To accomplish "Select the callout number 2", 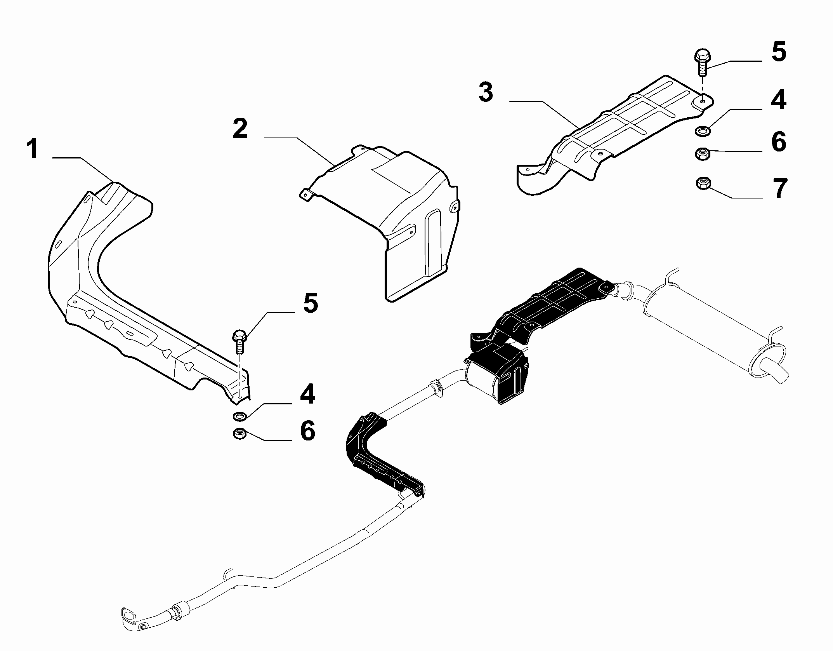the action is tap(240, 129).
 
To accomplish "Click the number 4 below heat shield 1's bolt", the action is tap(307, 394).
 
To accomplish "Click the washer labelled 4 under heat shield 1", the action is tap(240, 416).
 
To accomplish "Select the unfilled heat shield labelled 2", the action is tap(382, 221).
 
